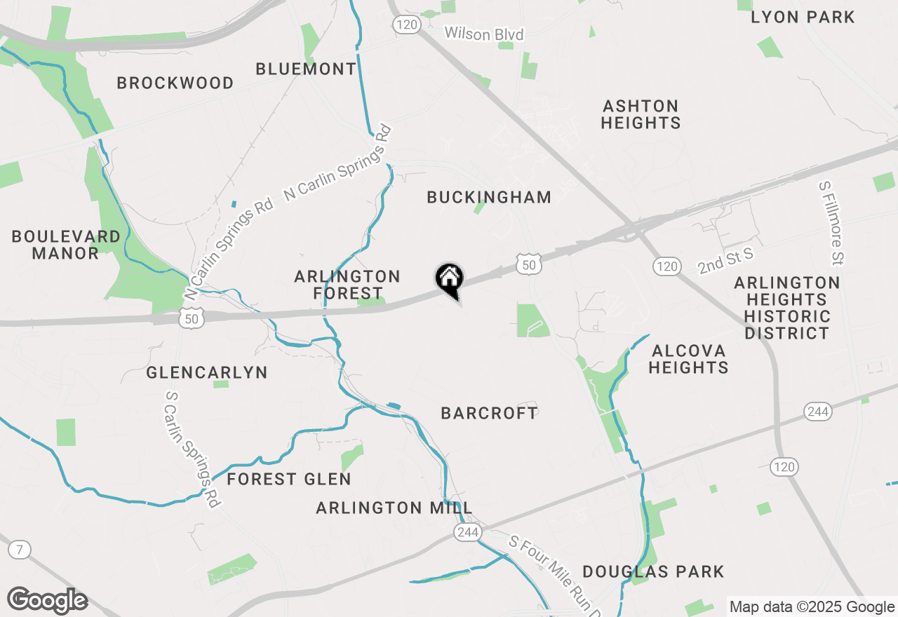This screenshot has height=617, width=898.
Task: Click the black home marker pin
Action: tap(450, 280)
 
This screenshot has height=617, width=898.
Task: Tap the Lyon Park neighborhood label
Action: tap(803, 17)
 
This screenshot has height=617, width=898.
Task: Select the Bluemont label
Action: tap(306, 69)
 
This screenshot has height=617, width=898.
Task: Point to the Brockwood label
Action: tap(175, 83)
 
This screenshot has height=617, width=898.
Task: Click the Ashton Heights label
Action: tap(641, 114)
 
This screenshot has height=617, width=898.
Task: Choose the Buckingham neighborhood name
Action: tap(489, 197)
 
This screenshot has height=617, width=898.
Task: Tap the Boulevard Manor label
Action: tap(66, 245)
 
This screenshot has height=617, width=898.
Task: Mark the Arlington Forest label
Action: tap(347, 285)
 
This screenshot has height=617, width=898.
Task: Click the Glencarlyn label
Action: tap(207, 372)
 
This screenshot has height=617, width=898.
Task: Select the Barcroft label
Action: tap(489, 413)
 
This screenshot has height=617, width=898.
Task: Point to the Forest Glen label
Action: tap(289, 480)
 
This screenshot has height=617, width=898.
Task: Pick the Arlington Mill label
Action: tap(394, 508)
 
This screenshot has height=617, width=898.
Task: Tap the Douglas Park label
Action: tap(653, 571)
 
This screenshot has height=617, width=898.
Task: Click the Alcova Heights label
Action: tap(688, 358)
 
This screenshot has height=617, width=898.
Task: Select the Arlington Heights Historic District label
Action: tap(786, 308)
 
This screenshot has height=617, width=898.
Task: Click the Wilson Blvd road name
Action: tap(484, 34)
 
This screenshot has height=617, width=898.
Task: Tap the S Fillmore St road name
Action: tap(831, 224)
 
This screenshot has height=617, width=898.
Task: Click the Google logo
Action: tap(47, 601)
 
